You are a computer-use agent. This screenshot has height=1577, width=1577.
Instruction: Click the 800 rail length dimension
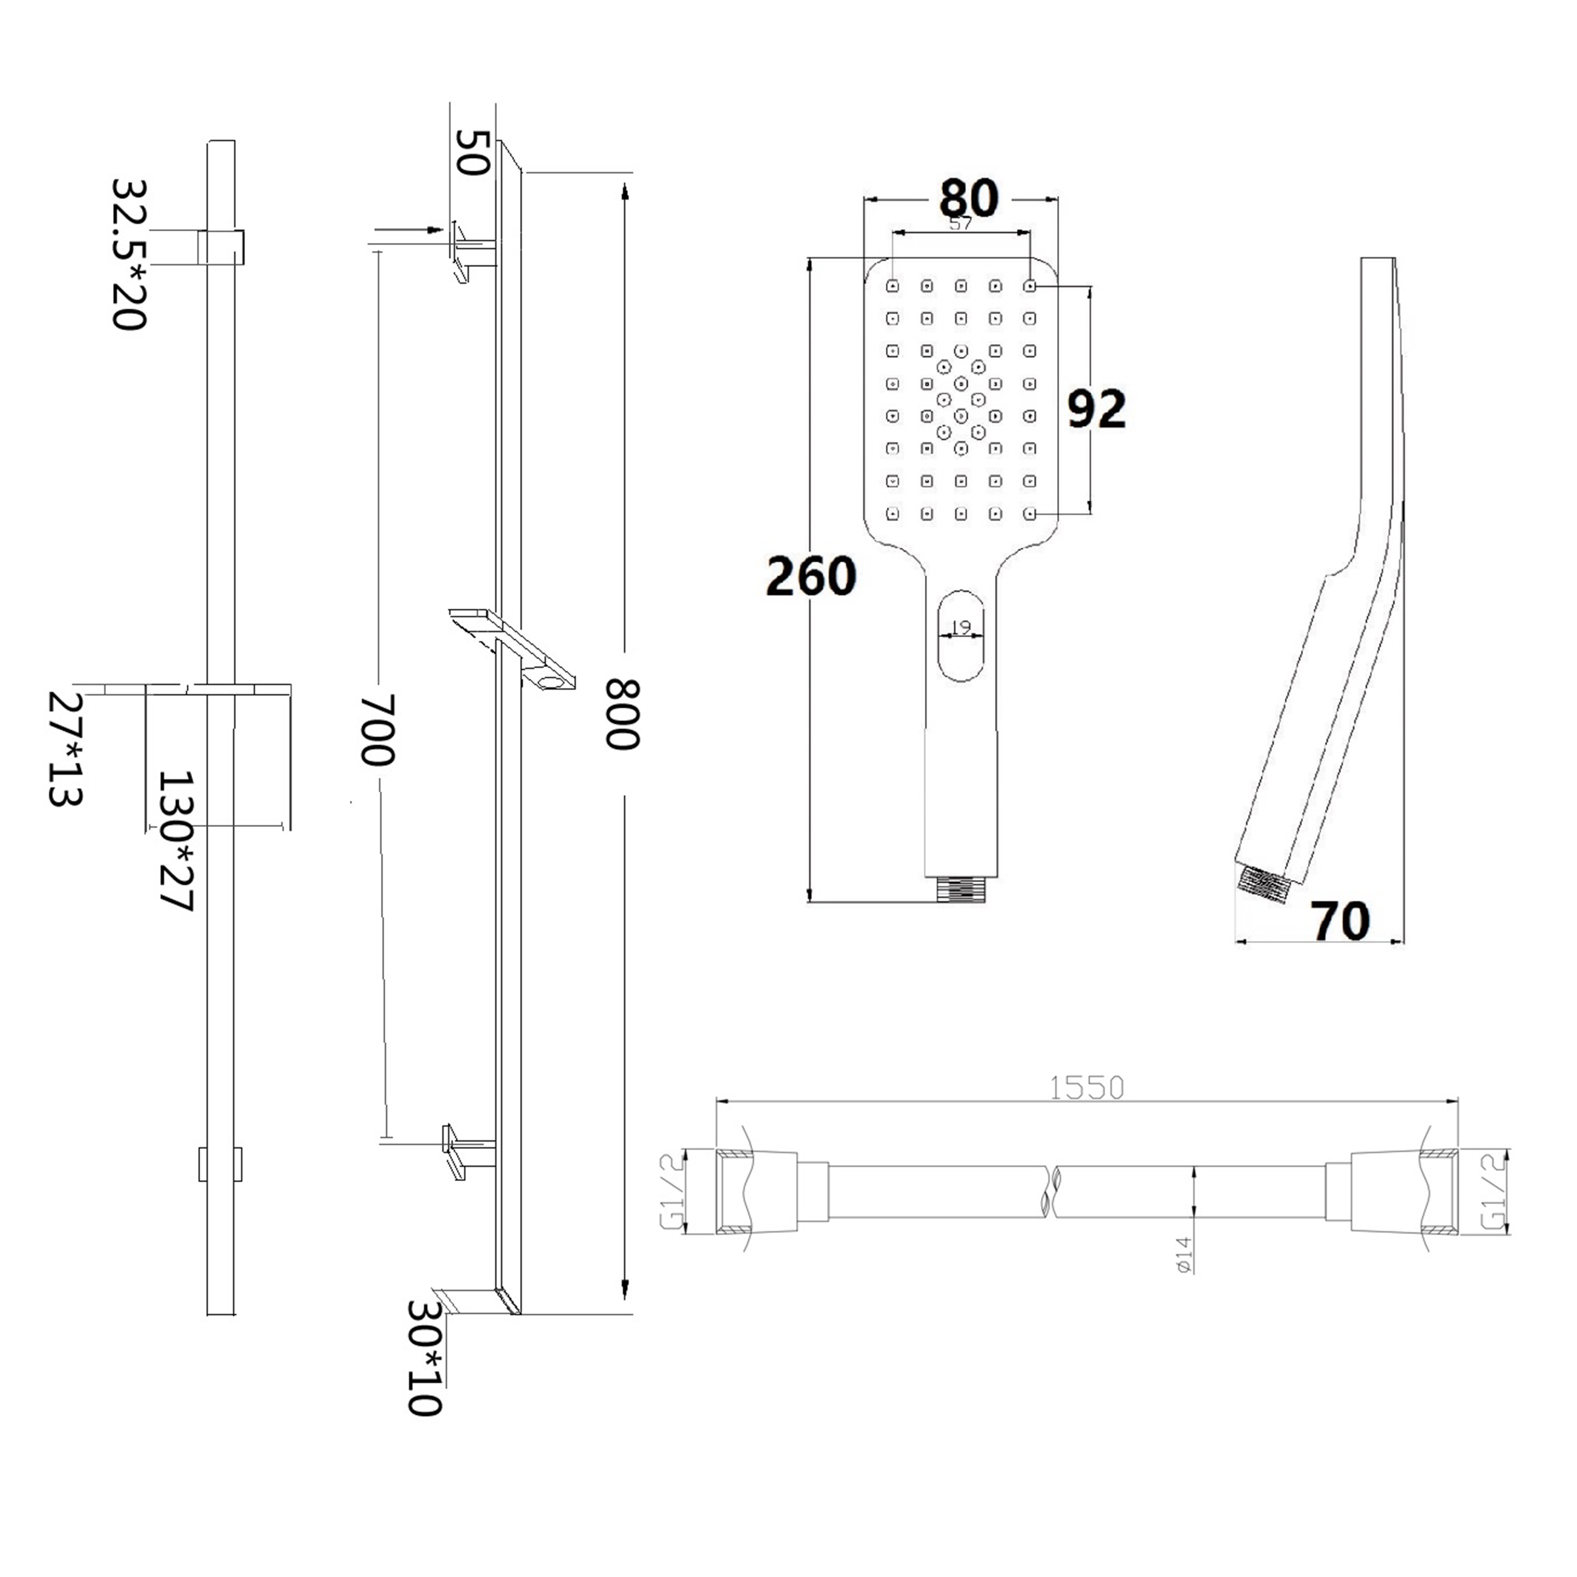click(x=622, y=715)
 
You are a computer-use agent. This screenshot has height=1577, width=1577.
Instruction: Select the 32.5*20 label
click(x=129, y=254)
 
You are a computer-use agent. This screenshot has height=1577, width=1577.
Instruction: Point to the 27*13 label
click(x=65, y=749)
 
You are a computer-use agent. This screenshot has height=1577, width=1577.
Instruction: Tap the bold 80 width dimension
click(x=968, y=198)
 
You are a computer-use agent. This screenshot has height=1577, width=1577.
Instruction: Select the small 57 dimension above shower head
click(x=961, y=223)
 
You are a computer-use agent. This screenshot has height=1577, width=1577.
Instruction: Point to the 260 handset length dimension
click(x=811, y=576)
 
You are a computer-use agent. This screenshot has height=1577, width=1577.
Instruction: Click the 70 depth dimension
click(x=1340, y=921)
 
